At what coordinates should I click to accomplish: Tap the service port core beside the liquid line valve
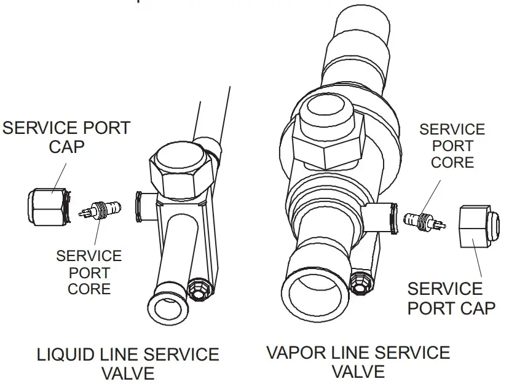click(100, 211)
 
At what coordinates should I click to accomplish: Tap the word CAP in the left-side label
click(66, 147)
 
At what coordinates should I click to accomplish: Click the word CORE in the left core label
click(89, 288)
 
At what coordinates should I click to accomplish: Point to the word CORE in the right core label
click(452, 162)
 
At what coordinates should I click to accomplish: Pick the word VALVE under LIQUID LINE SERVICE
click(128, 373)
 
